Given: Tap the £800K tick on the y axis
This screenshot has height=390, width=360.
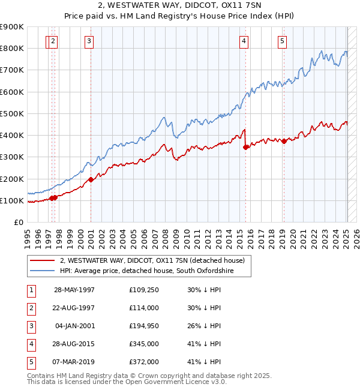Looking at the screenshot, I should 12,48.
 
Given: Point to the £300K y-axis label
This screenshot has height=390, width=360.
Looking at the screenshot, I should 12,157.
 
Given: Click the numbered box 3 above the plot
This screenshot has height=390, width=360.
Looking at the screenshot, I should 89,41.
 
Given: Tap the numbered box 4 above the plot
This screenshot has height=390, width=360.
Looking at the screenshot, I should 244,41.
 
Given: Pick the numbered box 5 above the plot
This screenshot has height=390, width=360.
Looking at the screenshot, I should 282,41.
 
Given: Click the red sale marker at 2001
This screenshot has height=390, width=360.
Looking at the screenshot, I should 91,179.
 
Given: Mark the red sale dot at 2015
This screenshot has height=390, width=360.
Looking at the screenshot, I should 245,147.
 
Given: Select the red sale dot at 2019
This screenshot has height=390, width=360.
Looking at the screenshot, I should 284,141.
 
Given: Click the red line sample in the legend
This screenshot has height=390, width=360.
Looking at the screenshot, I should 43,261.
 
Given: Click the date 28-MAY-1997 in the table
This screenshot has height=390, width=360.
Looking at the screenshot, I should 74,290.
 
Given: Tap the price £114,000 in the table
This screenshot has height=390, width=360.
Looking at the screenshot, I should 143,308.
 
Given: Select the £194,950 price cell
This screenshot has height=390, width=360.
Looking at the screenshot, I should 143,326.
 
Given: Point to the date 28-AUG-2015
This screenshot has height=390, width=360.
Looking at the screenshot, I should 74,344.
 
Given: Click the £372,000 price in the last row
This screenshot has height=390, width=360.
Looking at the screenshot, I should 143,362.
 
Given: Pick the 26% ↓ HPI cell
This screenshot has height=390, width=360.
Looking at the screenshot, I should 204,326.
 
